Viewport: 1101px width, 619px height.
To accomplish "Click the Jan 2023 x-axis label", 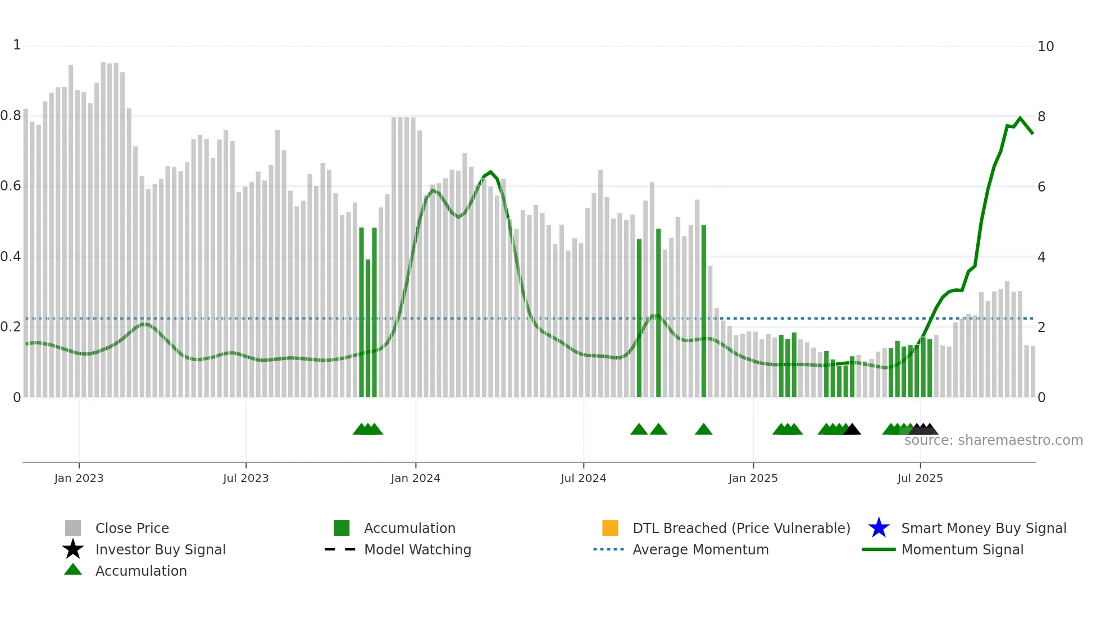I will coord(79,478).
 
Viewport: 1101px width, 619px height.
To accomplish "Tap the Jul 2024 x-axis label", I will coord(583,478).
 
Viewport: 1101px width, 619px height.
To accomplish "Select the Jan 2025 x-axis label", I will coord(753,478).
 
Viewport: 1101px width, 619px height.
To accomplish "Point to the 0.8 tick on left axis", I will coord(11,116).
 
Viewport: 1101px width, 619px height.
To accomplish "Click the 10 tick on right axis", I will coord(1045,47).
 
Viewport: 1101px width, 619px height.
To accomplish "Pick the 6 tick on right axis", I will coord(1041,186).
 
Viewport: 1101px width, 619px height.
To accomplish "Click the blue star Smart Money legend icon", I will coord(879,528).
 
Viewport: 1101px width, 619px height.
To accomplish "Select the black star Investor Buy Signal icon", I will coord(73,549).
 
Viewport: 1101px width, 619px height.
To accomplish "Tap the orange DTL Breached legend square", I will coord(610,528).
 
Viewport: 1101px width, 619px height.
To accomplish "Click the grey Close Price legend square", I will coord(73,528).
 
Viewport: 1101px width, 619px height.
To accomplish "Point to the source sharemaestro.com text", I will coord(993,440).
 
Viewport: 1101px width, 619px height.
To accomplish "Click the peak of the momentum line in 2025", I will coord(1021,118).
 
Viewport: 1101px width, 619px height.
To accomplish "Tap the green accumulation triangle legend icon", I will coord(73,570).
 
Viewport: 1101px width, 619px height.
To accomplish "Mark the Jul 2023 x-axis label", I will coord(245,478).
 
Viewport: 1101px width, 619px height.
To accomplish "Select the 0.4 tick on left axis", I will coord(11,257).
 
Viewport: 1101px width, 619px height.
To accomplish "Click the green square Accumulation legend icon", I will coord(342,528).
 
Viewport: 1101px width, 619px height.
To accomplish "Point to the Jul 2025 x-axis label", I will coord(920,478).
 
